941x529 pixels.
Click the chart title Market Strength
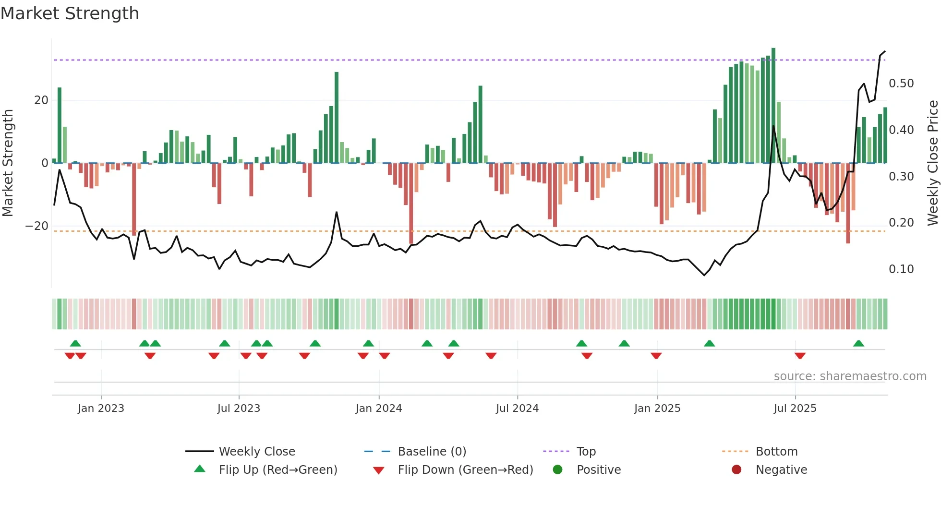coord(70,13)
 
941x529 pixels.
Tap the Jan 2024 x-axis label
coord(378,409)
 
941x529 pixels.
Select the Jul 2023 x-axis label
coord(239,409)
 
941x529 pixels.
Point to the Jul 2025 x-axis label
coord(795,409)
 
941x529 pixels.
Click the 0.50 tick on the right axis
coord(901,84)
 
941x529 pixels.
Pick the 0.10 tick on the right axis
coord(901,269)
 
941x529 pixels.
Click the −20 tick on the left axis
coord(37,226)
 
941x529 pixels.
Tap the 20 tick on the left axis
coord(41,100)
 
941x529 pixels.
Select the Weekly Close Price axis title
coord(932,163)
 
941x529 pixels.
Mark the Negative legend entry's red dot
coord(736,470)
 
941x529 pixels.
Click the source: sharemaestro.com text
coord(850,376)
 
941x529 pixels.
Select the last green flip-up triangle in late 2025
coord(858,344)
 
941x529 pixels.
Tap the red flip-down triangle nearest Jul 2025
coord(800,356)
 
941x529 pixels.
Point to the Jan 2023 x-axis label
coord(101,409)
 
